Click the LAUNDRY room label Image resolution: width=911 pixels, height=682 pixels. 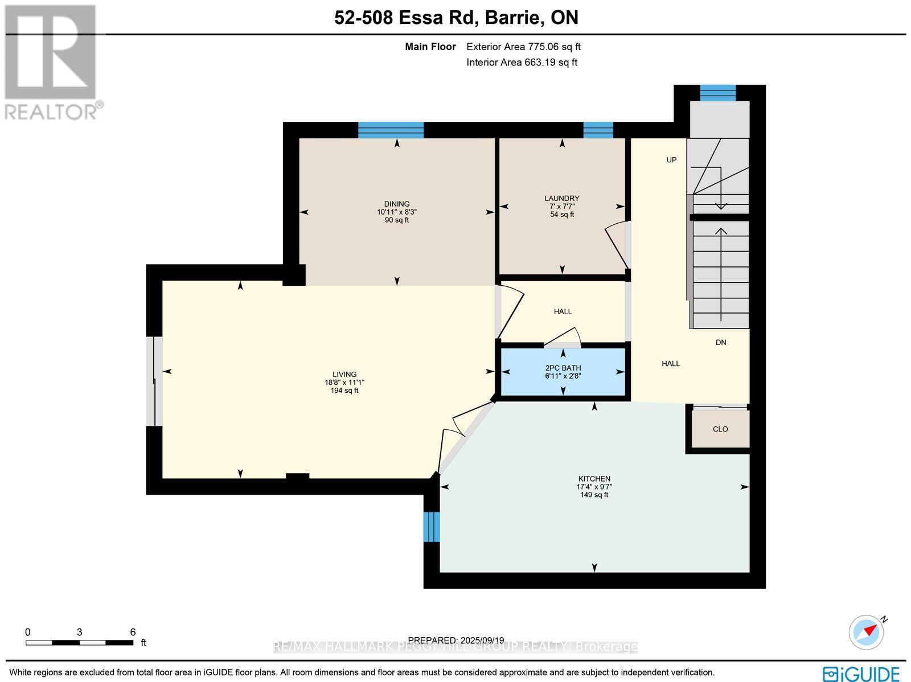[x=561, y=198]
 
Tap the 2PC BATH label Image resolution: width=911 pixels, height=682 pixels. [x=563, y=368]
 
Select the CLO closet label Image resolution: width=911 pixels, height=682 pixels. [x=720, y=429]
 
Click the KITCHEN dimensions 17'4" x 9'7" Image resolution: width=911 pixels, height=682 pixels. [x=594, y=487]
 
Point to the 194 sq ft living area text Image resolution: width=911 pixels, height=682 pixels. [x=344, y=391]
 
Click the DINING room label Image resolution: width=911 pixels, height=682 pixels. [x=396, y=204]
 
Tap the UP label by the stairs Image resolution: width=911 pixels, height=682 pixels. [x=671, y=160]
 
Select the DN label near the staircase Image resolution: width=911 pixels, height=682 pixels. [x=721, y=342]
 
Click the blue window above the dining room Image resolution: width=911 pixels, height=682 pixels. [x=391, y=130]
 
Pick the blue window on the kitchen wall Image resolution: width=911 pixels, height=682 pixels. [x=433, y=527]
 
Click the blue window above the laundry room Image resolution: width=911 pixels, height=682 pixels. [x=598, y=130]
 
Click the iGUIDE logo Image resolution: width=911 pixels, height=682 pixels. [x=861, y=673]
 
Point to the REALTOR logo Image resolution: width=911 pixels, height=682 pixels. [x=52, y=63]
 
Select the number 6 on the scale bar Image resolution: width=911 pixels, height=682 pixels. [x=133, y=632]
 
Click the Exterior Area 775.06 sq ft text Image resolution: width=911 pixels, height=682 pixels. [x=523, y=47]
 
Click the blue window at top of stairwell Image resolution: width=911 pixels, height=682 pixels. [x=717, y=93]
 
